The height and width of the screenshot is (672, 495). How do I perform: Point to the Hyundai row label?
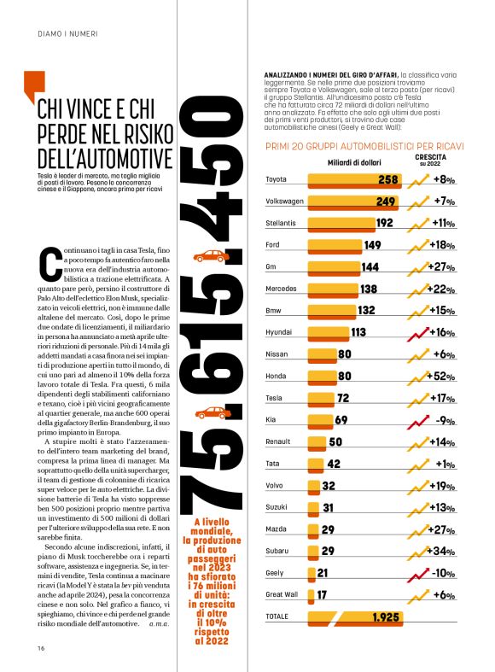coord(280,332)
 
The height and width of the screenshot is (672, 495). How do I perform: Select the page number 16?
coord(41,647)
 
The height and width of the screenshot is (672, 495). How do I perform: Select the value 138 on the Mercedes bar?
coord(369,289)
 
